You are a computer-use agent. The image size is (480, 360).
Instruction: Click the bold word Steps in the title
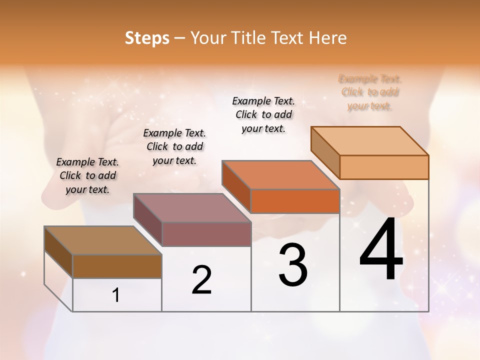tap(147, 38)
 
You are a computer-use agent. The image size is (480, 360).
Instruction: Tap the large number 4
tap(381, 250)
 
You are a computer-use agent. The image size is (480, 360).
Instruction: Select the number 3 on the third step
tap(293, 265)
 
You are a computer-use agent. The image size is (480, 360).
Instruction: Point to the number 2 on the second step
tap(202, 280)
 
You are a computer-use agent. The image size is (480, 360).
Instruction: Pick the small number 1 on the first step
tap(116, 295)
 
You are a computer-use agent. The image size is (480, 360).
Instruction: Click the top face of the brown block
tap(103, 240)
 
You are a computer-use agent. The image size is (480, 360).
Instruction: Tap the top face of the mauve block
tap(192, 208)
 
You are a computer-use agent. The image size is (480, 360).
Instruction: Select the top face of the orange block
tap(280, 175)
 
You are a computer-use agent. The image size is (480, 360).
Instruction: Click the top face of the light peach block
tap(370, 141)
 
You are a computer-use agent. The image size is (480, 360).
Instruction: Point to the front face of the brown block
tap(117, 266)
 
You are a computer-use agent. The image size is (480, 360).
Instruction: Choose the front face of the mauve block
tap(206, 234)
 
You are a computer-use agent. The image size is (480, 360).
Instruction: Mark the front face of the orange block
tap(295, 201)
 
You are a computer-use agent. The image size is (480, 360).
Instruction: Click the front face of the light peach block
tap(384, 167)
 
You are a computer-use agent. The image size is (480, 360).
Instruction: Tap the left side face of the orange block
tap(236, 185)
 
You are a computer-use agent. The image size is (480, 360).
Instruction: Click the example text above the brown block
tap(87, 175)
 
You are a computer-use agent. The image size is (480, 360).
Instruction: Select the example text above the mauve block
tap(174, 146)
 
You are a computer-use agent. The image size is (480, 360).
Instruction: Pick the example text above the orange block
tap(263, 114)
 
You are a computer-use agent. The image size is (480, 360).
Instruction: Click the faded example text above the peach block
tap(370, 92)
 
